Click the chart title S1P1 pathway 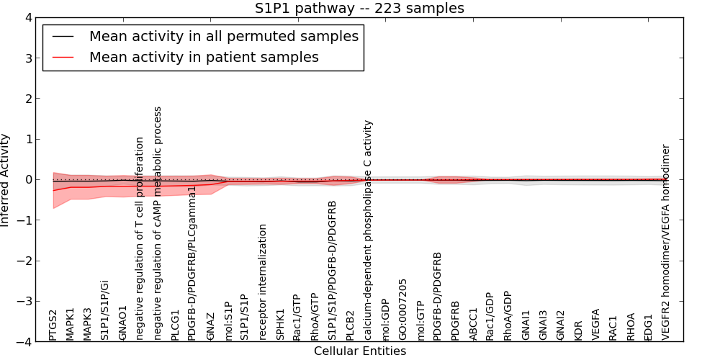pos(359,9)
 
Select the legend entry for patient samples pos(204,57)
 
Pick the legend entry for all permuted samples pos(223,36)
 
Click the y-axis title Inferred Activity pos(6,180)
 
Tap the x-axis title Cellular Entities pos(359,351)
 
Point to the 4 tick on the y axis pos(33,17)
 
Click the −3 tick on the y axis pos(30,302)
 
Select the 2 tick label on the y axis pos(33,99)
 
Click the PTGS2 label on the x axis pos(53,325)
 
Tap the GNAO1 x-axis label pos(123,323)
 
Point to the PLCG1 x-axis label pos(176,323)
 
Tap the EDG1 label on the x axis pos(648,325)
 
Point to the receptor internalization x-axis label pos(263,282)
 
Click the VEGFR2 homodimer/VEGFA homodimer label pos(666,242)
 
